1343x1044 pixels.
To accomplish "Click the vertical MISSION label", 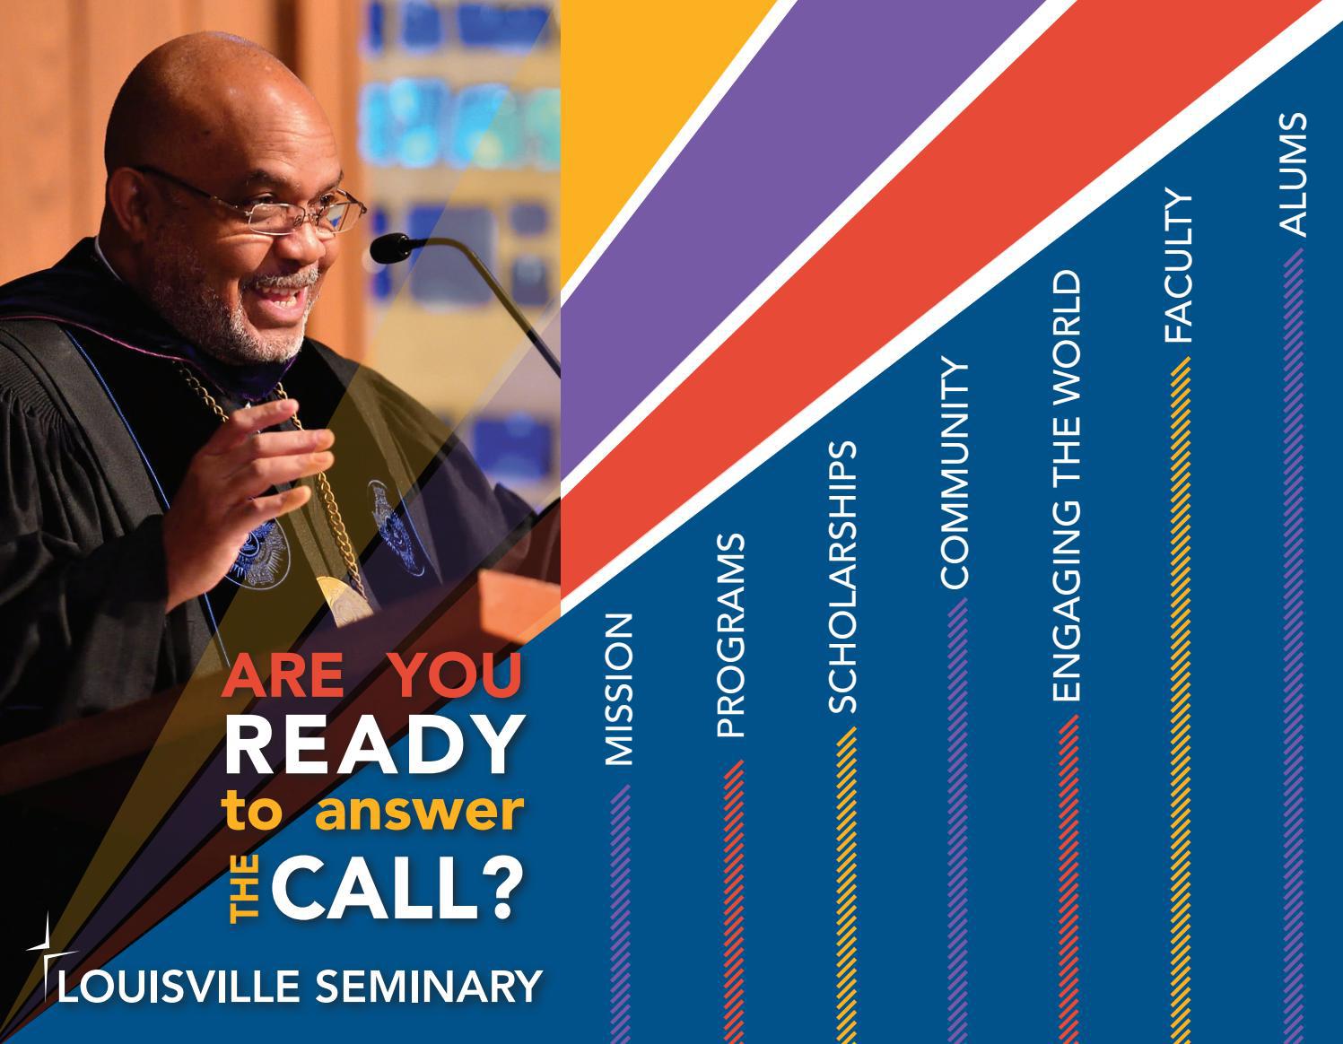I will [x=619, y=690].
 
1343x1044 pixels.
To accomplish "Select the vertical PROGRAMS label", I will [x=731, y=636].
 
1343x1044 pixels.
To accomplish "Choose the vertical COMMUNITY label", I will [x=955, y=474].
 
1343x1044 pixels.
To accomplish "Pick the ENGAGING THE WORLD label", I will [x=1067, y=485].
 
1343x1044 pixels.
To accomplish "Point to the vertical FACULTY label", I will [x=1179, y=266].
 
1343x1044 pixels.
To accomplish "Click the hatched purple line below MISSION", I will [x=619, y=906].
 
